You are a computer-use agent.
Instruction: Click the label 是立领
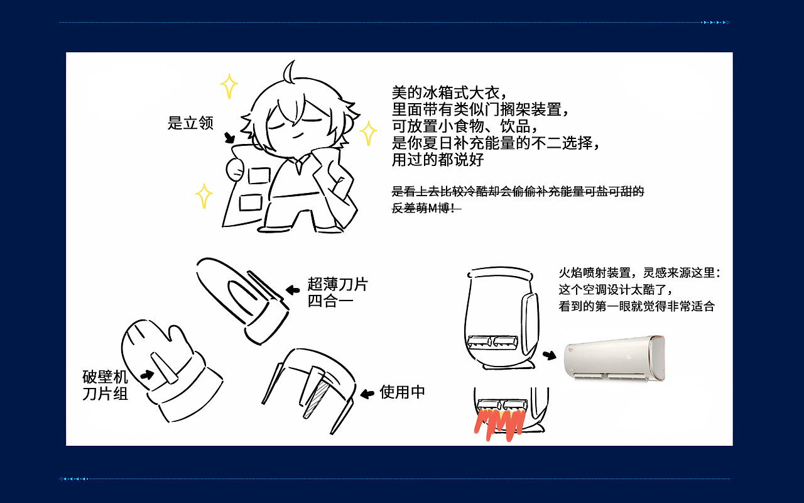(190, 123)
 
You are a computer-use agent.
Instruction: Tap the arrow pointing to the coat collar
(229, 138)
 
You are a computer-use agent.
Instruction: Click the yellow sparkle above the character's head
(229, 86)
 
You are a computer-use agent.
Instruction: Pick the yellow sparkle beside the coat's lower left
(204, 196)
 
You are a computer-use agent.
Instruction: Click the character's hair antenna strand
(290, 72)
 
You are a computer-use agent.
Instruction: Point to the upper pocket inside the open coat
(258, 175)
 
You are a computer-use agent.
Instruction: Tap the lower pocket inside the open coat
(251, 202)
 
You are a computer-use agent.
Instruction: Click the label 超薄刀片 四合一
(337, 292)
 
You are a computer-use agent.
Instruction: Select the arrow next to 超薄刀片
(293, 290)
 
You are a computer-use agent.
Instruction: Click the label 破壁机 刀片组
(106, 385)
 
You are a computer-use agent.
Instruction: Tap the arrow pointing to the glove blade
(147, 375)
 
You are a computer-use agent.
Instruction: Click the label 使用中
(403, 392)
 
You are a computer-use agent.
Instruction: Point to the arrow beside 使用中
(367, 394)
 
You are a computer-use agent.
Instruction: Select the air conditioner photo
(614, 358)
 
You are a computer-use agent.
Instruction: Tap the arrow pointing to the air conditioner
(550, 355)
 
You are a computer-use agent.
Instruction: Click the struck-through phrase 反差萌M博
(425, 208)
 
